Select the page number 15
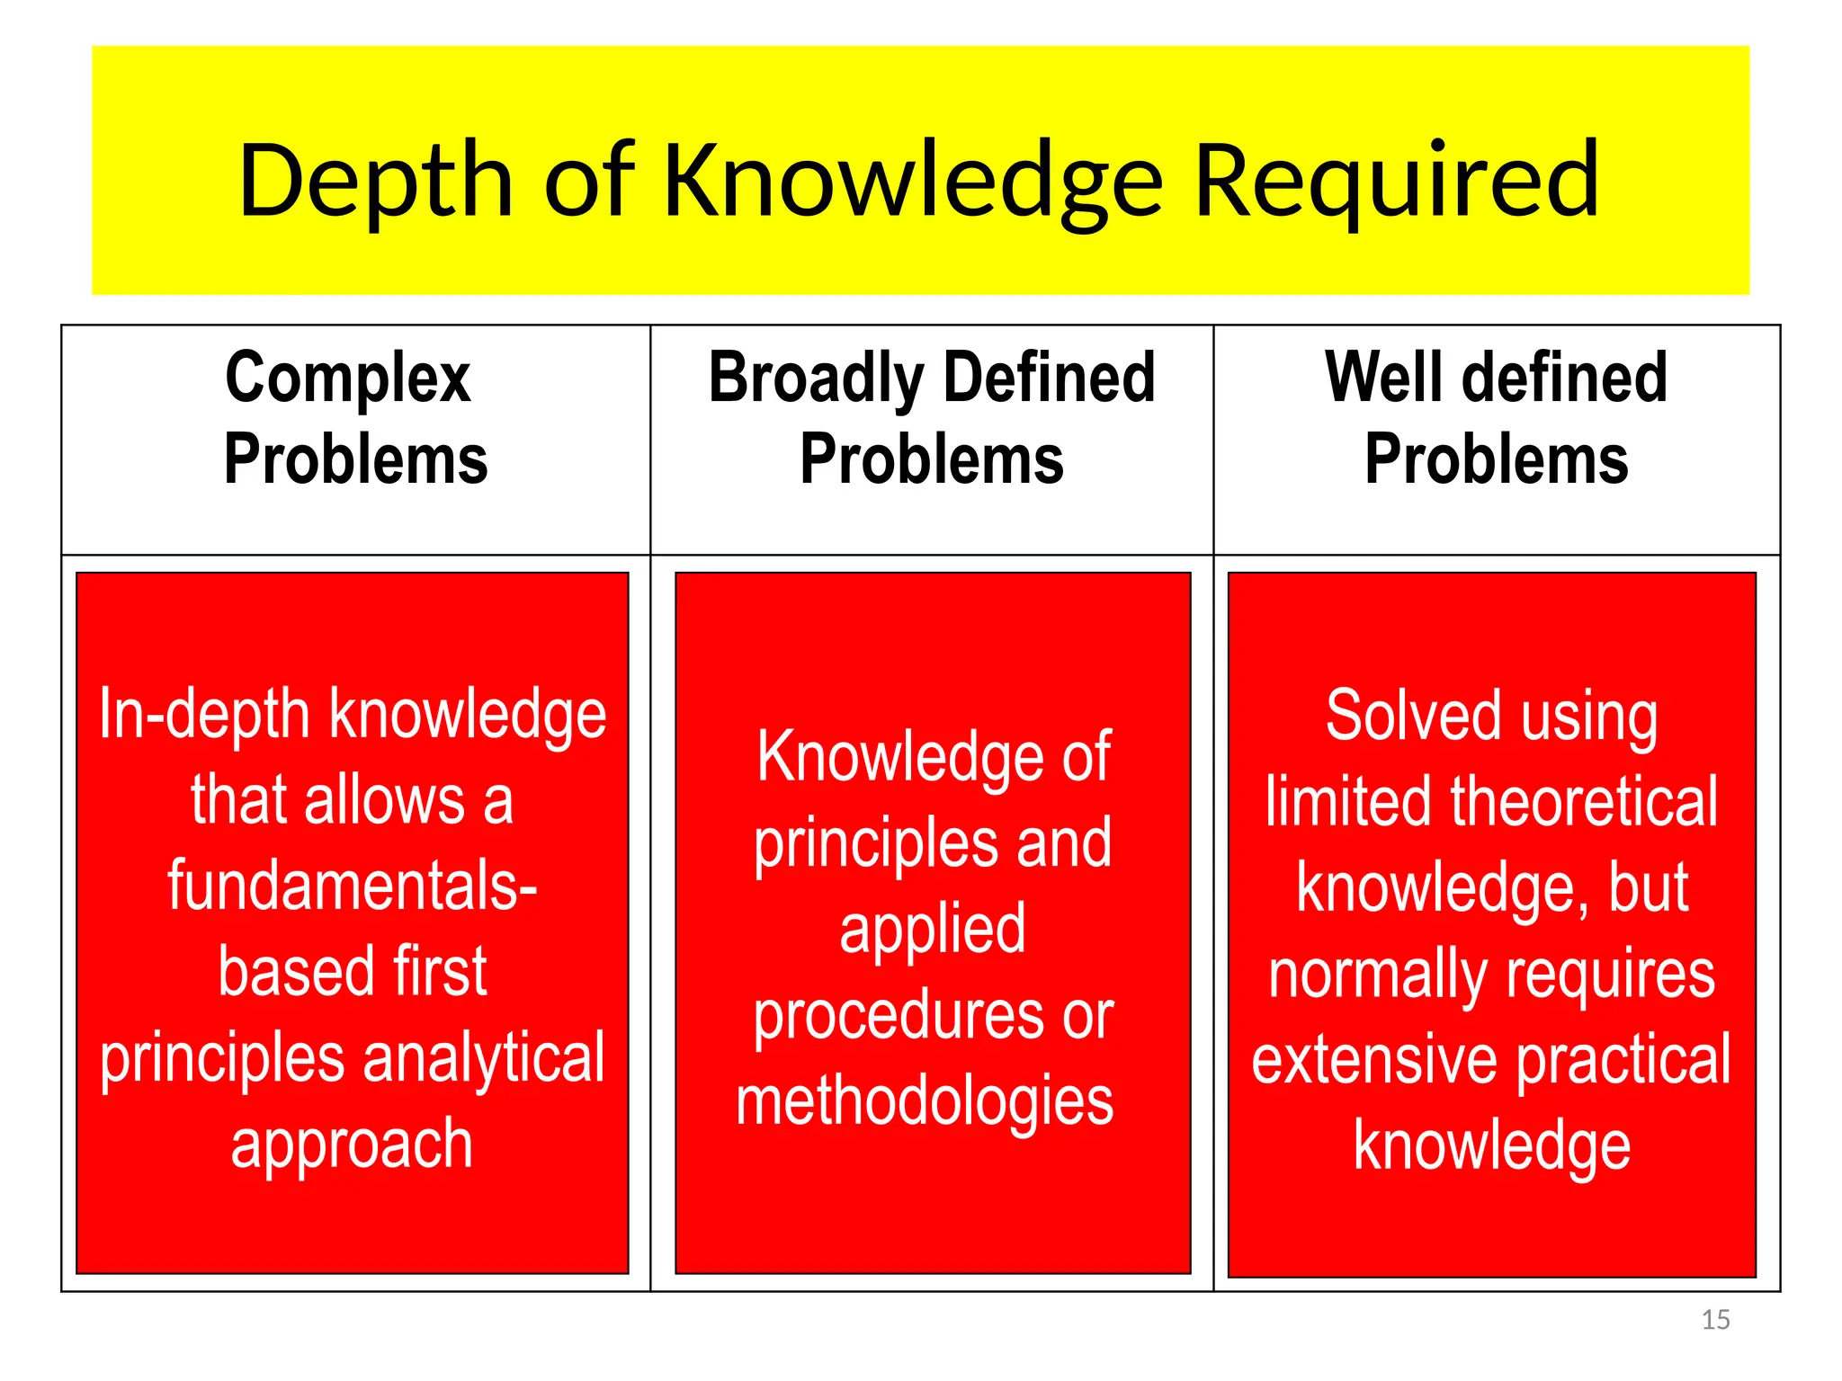click(1715, 1320)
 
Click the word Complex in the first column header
click(348, 378)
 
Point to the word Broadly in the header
click(816, 378)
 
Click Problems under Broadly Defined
click(932, 459)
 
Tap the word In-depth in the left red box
click(204, 714)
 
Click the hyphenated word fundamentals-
click(353, 886)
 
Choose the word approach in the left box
click(352, 1145)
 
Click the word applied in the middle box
click(933, 929)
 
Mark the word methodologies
click(925, 1101)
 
